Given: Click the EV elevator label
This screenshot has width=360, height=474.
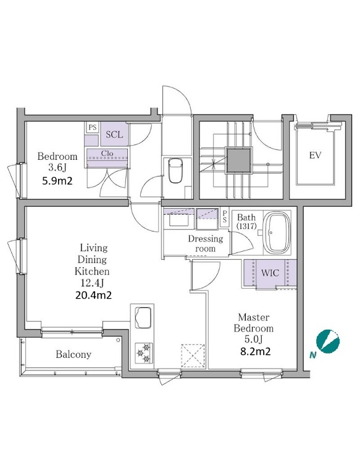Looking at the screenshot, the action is pyautogui.click(x=315, y=156).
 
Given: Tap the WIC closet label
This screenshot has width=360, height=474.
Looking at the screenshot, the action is pyautogui.click(x=270, y=273).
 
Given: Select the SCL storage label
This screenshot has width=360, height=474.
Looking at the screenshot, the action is pyautogui.click(x=114, y=134).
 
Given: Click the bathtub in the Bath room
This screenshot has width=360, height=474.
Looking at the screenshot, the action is pyautogui.click(x=277, y=233).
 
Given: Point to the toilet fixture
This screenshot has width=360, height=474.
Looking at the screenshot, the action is pyautogui.click(x=175, y=171).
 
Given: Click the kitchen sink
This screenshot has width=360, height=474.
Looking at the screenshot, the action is pyautogui.click(x=143, y=317).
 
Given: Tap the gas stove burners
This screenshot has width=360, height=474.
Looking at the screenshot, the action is pyautogui.click(x=144, y=353).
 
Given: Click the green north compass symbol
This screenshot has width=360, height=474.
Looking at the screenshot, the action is pyautogui.click(x=328, y=341).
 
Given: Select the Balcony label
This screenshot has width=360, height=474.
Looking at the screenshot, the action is pyautogui.click(x=73, y=354).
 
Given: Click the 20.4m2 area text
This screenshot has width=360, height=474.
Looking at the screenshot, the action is pyautogui.click(x=93, y=295).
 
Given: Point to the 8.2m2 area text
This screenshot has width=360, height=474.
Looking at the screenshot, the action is pyautogui.click(x=255, y=351).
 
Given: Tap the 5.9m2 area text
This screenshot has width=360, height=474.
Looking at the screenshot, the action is pyautogui.click(x=57, y=181).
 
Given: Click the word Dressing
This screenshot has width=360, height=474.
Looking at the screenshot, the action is pyautogui.click(x=206, y=239).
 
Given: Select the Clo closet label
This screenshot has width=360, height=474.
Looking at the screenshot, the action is pyautogui.click(x=107, y=153).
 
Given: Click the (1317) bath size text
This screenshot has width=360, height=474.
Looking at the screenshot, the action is pyautogui.click(x=246, y=226).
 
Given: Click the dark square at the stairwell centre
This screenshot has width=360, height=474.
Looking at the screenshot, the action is pyautogui.click(x=240, y=160).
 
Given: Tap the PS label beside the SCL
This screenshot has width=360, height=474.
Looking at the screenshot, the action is pyautogui.click(x=93, y=127).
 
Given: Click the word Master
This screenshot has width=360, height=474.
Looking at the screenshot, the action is pyautogui.click(x=254, y=317).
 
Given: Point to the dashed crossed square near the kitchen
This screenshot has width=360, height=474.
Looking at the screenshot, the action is pyautogui.click(x=193, y=356).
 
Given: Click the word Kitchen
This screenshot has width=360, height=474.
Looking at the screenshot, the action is pyautogui.click(x=92, y=271).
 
